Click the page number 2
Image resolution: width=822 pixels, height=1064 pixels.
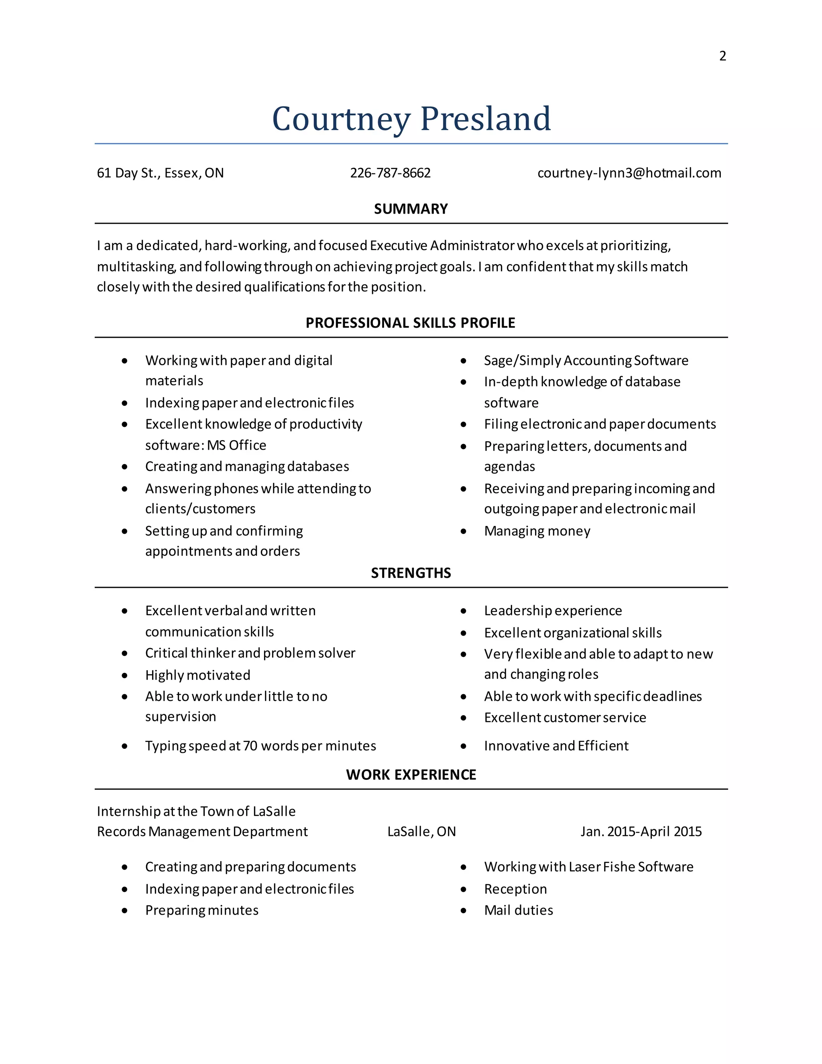point(722,56)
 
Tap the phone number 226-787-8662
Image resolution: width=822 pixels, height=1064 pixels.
point(390,173)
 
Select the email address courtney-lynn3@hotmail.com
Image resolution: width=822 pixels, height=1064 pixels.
point(629,173)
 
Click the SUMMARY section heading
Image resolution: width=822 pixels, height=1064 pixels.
point(411,209)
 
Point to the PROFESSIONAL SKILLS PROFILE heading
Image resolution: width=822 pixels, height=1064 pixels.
point(410,323)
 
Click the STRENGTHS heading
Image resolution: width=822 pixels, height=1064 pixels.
point(411,573)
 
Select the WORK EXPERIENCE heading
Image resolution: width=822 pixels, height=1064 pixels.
point(411,775)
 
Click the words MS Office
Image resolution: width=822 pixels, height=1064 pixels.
point(237,445)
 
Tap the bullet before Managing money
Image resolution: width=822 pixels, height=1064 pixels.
point(464,531)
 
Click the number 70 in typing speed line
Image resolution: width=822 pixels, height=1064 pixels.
point(250,746)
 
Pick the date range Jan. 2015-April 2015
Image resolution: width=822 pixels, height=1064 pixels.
point(641,832)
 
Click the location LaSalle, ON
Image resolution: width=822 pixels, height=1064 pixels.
point(421,832)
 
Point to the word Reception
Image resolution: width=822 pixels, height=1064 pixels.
point(515,889)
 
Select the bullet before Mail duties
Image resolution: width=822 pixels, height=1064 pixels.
point(464,911)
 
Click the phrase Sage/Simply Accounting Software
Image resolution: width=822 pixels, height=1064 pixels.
point(586,361)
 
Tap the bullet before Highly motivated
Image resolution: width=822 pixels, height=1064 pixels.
point(125,675)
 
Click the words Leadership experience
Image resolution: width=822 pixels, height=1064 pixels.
point(553,611)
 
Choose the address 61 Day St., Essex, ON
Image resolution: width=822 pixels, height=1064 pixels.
point(160,173)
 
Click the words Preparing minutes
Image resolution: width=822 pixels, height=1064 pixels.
point(201,911)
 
